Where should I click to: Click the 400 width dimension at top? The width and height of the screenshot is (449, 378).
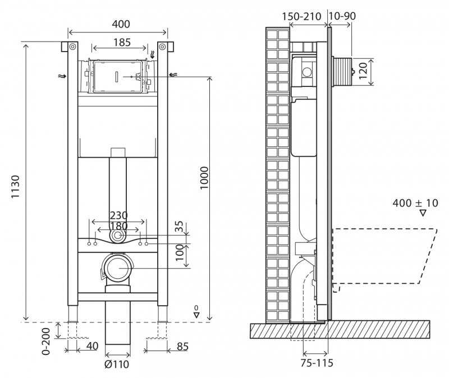[x=121, y=24]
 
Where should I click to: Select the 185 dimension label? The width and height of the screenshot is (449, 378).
[x=122, y=43]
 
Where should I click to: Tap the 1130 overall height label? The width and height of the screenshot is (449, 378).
[x=15, y=187]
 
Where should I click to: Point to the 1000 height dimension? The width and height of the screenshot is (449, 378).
[x=204, y=178]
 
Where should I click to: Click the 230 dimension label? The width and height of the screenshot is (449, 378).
[x=118, y=215]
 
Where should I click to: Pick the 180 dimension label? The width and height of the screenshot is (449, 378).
[x=118, y=226]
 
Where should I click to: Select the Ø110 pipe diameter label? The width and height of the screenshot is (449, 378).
[x=117, y=365]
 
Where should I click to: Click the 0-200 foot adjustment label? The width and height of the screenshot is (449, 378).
[x=46, y=342]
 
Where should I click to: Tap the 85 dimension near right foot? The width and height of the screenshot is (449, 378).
[x=183, y=347]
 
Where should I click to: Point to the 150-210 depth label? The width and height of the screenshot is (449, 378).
[x=301, y=16]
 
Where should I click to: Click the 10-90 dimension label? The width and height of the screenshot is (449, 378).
[x=342, y=16]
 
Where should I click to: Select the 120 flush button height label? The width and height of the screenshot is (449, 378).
[x=363, y=71]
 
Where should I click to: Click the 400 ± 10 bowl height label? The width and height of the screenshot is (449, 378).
[x=415, y=203]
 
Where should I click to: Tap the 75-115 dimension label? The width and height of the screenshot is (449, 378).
[x=317, y=363]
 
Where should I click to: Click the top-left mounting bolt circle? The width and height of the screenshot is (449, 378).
[x=72, y=47]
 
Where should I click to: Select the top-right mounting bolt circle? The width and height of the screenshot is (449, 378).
[x=162, y=47]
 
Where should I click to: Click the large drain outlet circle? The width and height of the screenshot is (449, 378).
[x=118, y=268]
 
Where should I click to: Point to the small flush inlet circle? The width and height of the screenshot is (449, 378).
[x=117, y=236]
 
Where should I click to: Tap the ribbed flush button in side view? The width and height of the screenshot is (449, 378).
[x=343, y=72]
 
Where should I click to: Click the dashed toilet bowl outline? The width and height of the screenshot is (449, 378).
[x=384, y=257]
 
